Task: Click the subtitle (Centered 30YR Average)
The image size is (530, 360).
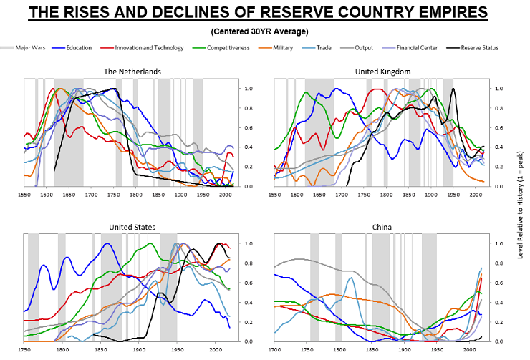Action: click(264, 31)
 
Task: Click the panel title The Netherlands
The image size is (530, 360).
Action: click(132, 72)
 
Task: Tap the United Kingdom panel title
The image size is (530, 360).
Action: click(382, 72)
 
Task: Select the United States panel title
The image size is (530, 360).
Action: click(132, 227)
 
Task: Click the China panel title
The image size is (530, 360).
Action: click(382, 227)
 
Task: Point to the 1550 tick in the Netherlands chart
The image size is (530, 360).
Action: click(24, 194)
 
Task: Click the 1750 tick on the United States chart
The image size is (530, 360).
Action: click(24, 349)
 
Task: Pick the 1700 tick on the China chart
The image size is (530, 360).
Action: click(274, 349)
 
